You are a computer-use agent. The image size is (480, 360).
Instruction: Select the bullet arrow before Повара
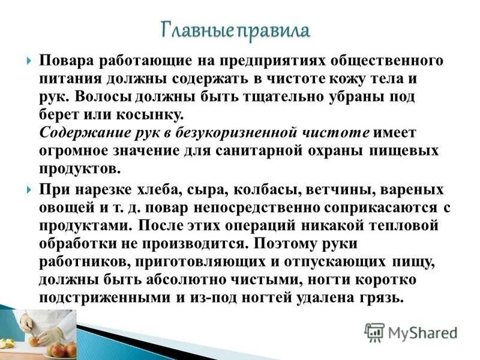pyautogui.click(x=29, y=62)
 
